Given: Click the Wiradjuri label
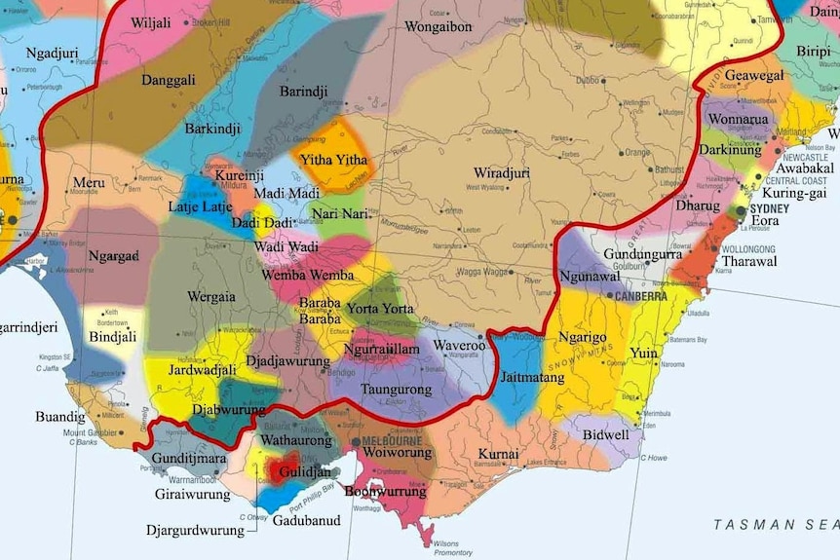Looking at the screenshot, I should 502,173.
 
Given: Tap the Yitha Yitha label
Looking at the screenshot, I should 334,160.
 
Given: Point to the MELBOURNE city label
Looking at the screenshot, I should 394,441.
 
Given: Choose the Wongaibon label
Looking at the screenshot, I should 438,26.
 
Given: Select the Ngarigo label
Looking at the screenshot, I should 582,337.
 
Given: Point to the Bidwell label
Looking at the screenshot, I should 605,435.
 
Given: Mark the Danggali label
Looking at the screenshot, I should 168,80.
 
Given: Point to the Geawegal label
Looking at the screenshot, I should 753,75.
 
